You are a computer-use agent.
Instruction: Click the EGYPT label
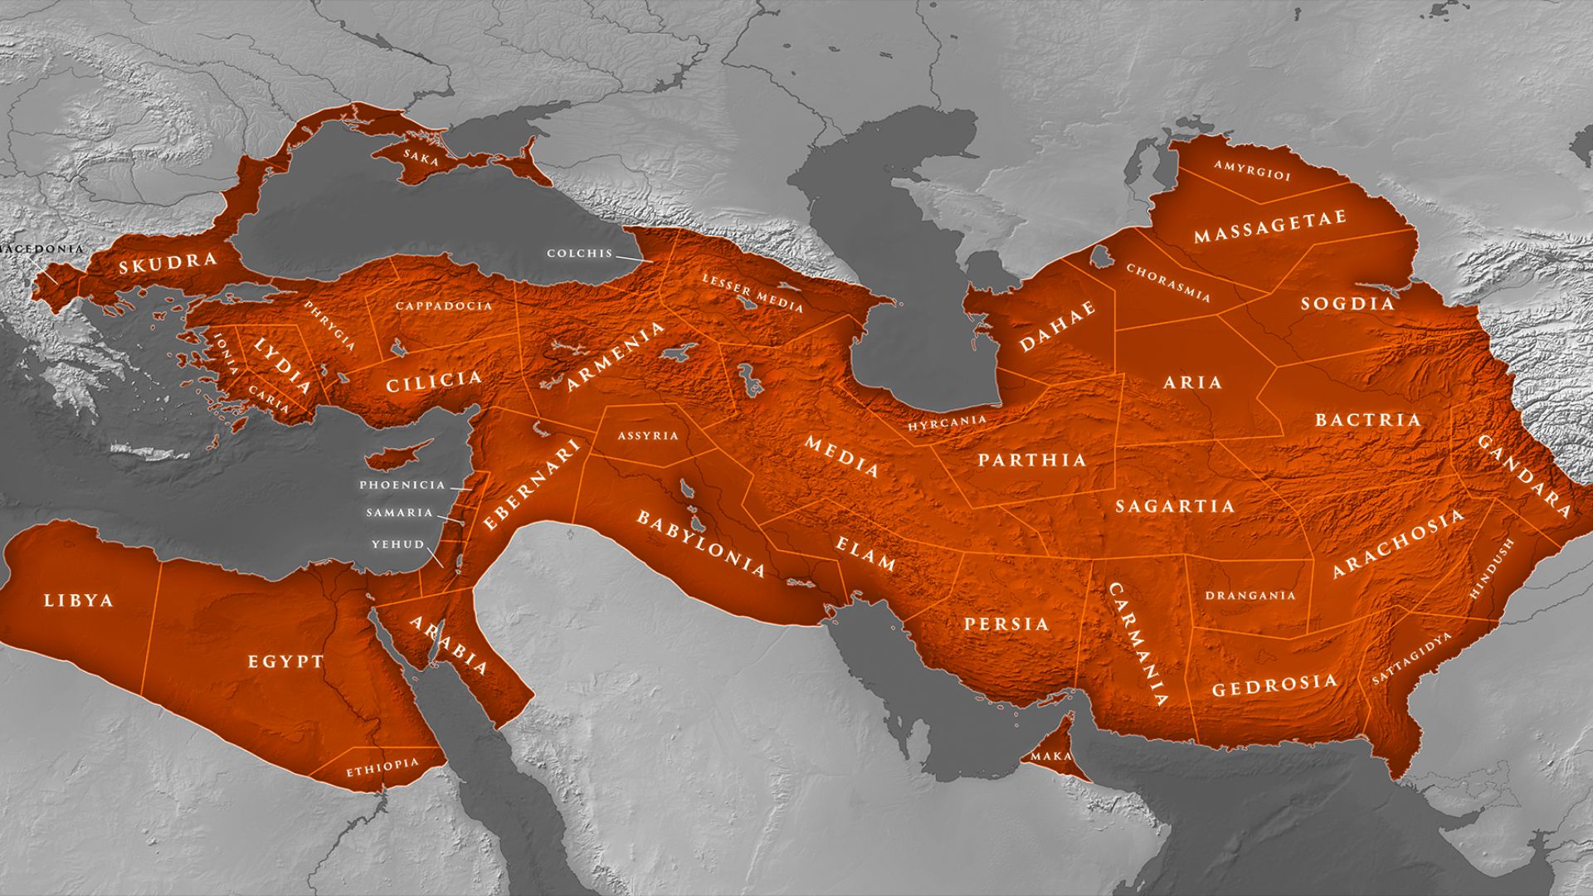coord(285,662)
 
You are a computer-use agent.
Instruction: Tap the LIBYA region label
coord(78,601)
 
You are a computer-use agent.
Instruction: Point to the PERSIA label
coord(1006,624)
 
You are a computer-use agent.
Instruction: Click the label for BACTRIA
coord(1368,420)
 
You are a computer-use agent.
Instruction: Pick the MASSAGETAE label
coord(1269,227)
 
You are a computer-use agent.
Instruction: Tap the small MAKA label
coord(1051,757)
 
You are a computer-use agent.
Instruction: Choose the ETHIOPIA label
coord(382,768)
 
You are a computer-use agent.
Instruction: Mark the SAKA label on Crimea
coord(421,156)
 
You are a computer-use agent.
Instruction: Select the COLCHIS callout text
coord(579,253)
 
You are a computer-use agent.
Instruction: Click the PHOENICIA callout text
coord(402,485)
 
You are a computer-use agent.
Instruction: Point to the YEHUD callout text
coord(397,544)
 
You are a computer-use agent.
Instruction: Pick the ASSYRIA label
coord(647,436)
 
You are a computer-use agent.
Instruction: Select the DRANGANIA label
coord(1250,596)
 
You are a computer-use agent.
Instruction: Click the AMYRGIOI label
coord(1252,171)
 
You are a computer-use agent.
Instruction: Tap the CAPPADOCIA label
coord(444,305)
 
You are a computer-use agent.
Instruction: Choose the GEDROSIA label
coord(1274,685)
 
